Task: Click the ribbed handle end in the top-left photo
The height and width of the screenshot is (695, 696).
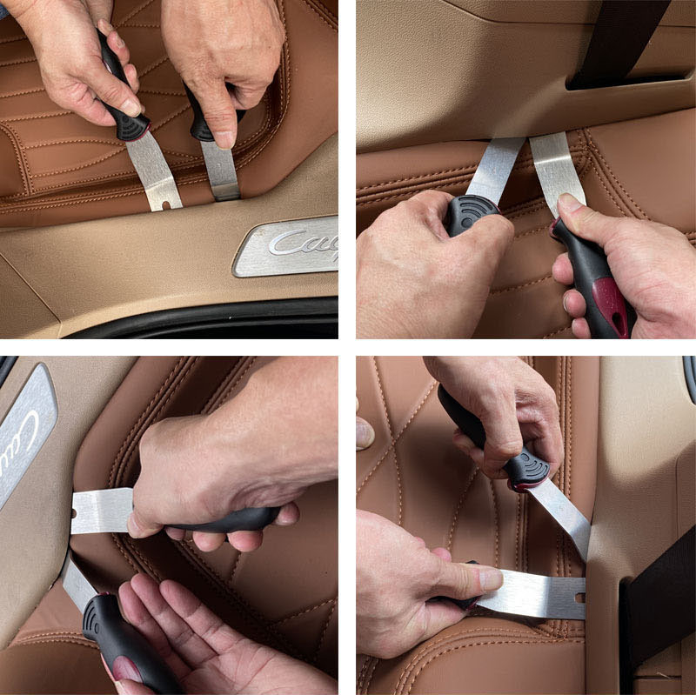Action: tap(130, 129)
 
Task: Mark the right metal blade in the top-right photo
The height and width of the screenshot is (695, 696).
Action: tap(557, 170)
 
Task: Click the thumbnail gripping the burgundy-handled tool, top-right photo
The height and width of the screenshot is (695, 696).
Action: tap(570, 205)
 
